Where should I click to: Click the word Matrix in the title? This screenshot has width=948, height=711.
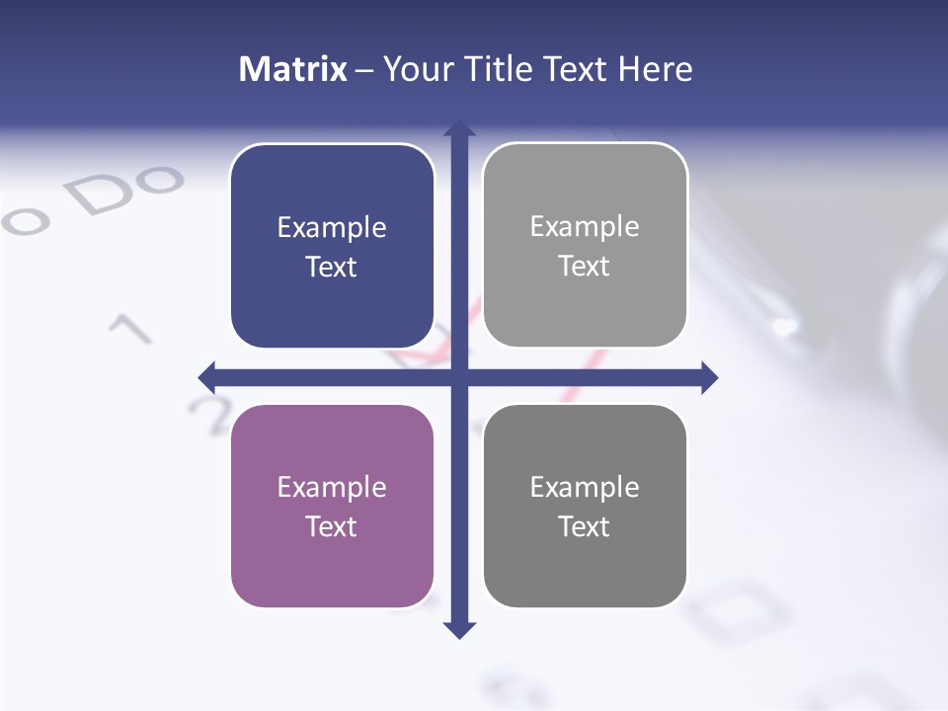[292, 69]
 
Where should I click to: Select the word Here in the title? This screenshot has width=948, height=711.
[655, 69]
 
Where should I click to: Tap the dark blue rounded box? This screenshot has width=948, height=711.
[332, 247]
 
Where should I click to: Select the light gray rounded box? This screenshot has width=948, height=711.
[585, 246]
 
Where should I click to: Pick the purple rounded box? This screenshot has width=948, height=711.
[332, 507]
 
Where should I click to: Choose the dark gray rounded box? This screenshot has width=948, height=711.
[585, 506]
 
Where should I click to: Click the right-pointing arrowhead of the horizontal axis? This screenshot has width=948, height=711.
[709, 377]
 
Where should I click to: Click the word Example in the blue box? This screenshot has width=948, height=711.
[332, 228]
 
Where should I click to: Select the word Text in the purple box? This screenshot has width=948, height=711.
[332, 526]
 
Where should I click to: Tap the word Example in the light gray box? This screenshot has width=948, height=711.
[585, 227]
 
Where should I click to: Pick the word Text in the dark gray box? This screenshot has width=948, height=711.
[585, 526]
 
